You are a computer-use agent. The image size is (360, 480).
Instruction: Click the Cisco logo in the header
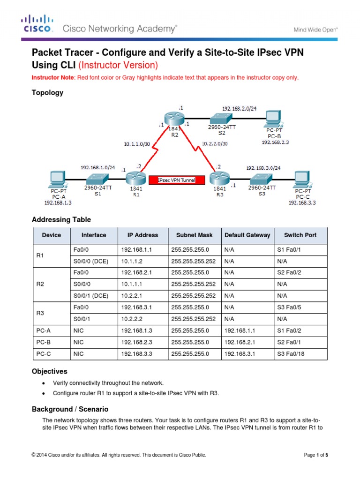pyautogui.click(x=37, y=24)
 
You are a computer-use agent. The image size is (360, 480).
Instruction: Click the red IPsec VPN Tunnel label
pyautogui.click(x=172, y=180)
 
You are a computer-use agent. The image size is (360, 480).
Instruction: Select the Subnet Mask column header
pyautogui.click(x=194, y=235)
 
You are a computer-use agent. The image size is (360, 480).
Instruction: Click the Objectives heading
pyautogui.click(x=50, y=371)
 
